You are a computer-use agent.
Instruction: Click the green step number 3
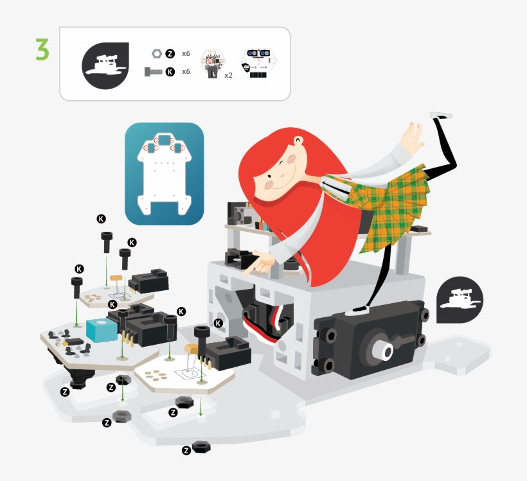pos(42,49)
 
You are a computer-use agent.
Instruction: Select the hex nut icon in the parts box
pos(157,53)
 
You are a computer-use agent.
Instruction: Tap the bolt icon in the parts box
pos(153,71)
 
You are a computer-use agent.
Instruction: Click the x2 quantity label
pos(228,75)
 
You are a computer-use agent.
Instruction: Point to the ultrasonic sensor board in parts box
pos(258,64)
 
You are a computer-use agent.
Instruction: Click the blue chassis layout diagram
pos(165,173)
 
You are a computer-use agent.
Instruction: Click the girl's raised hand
pos(413,137)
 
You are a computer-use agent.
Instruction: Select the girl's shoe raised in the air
pos(441,115)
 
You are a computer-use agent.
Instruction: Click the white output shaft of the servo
pos(384,351)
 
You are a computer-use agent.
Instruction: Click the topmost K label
pos(101,219)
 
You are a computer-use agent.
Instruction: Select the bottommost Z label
pos(186,450)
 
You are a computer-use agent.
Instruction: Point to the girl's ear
pos(298,141)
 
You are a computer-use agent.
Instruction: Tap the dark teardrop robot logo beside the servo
pos(460,300)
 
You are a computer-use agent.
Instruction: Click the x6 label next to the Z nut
pos(186,53)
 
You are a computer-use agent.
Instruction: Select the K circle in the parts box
pos(170,71)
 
